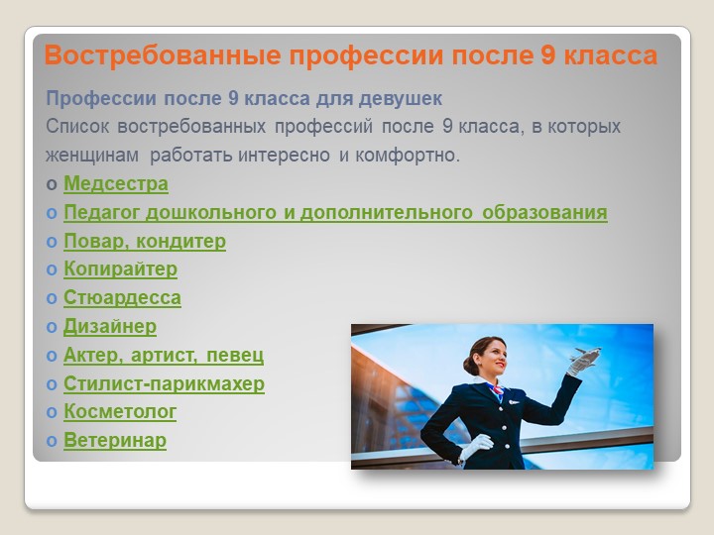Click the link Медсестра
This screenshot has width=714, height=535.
click(116, 184)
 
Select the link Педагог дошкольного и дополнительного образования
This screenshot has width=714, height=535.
click(335, 212)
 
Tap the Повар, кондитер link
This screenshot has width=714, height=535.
click(145, 241)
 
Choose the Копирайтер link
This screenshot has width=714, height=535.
click(120, 269)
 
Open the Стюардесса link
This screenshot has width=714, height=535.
click(122, 298)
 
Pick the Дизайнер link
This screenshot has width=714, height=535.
click(110, 327)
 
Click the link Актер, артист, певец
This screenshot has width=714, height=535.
click(164, 356)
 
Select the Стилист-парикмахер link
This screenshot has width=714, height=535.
click(164, 383)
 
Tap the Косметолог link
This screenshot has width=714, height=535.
click(120, 412)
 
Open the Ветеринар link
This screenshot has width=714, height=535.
click(115, 440)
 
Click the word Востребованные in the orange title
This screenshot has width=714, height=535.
click(163, 55)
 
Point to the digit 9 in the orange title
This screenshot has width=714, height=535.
click(548, 55)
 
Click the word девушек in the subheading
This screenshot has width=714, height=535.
click(401, 99)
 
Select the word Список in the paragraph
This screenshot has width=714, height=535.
click(77, 127)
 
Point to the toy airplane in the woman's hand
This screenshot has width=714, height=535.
click(585, 355)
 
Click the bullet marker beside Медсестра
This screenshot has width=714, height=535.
click(52, 184)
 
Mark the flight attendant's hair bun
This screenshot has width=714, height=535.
click(469, 365)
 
